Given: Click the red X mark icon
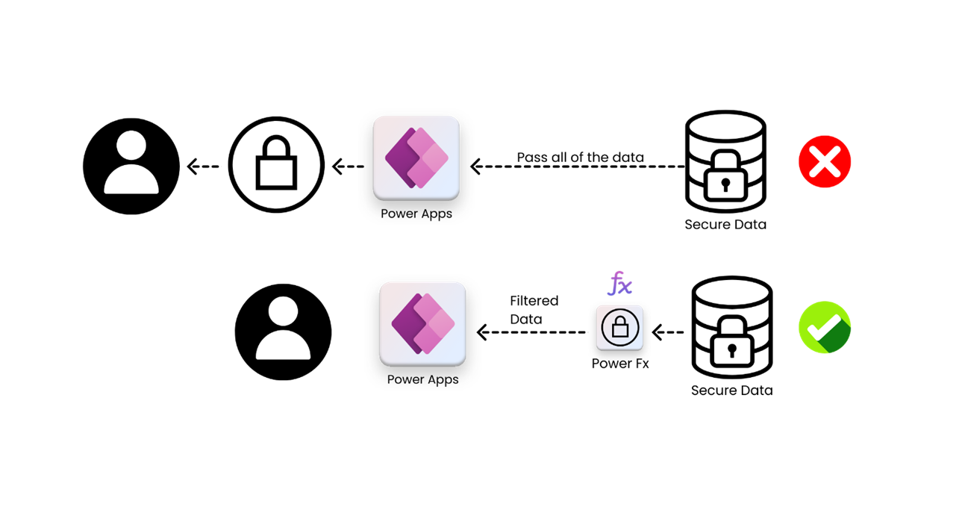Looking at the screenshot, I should (x=824, y=161).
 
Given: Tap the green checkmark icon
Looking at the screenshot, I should (x=824, y=327).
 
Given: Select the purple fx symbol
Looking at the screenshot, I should (x=620, y=284).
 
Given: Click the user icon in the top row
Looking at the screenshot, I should (x=131, y=166).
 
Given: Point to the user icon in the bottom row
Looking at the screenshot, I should (x=283, y=332).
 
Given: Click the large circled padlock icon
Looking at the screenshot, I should (x=276, y=165).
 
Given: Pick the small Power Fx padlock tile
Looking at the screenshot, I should (x=619, y=328).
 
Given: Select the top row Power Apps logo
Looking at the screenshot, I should (x=416, y=158).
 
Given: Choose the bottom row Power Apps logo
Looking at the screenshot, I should (x=422, y=324).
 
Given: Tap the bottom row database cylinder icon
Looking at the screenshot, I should (x=731, y=328).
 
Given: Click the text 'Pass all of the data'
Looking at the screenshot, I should (x=580, y=157).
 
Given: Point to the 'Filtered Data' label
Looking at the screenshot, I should (x=534, y=310).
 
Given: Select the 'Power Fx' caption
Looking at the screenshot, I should (x=620, y=364).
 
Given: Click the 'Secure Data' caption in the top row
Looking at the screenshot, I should (x=725, y=224).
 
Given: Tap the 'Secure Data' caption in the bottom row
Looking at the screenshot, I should (x=731, y=390).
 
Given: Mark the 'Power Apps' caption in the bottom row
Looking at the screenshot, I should (x=422, y=379).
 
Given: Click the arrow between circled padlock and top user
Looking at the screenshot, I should (x=203, y=167).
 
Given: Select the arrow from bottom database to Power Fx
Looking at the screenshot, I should (x=668, y=332).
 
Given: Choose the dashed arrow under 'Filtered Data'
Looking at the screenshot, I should (x=531, y=332).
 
